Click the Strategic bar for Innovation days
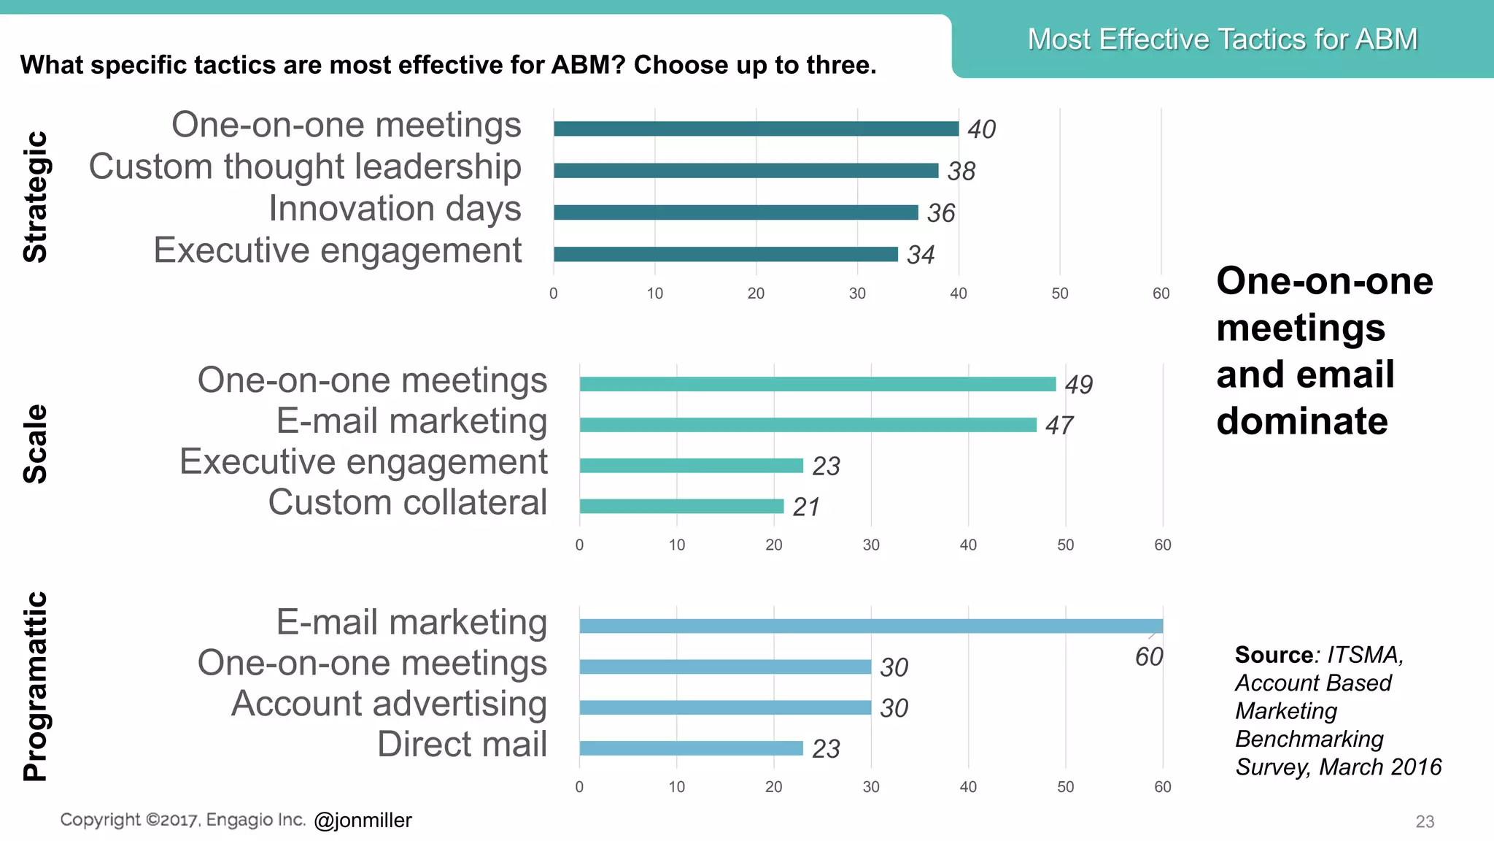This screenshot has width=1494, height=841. pos(735,212)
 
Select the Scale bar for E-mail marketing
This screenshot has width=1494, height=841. pos(808,425)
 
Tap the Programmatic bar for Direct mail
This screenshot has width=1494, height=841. pos(691,748)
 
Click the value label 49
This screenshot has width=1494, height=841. pos(1078,385)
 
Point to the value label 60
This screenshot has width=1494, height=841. pos(1149,657)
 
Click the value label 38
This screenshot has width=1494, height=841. pos(961,172)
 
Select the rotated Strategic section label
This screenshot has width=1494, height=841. pos(35,197)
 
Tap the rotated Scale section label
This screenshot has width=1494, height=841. pos(35,444)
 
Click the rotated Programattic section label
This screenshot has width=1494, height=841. pos(35,686)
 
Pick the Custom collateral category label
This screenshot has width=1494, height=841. pos(407,502)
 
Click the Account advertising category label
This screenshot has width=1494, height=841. pos(389,704)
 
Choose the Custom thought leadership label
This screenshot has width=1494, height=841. pos(305,166)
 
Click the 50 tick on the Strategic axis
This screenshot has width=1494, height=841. pos(1059,293)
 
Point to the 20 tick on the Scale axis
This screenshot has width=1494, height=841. pos(773,545)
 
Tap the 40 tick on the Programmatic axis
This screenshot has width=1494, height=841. pos(968,787)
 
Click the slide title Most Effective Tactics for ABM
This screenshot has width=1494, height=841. pos(1222,39)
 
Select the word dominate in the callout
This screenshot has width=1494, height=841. pos(1301,421)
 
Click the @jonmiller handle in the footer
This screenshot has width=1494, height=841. pos(363,821)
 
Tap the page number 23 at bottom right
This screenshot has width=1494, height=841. pos(1424,822)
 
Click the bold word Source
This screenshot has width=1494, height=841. pos(1274,655)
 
